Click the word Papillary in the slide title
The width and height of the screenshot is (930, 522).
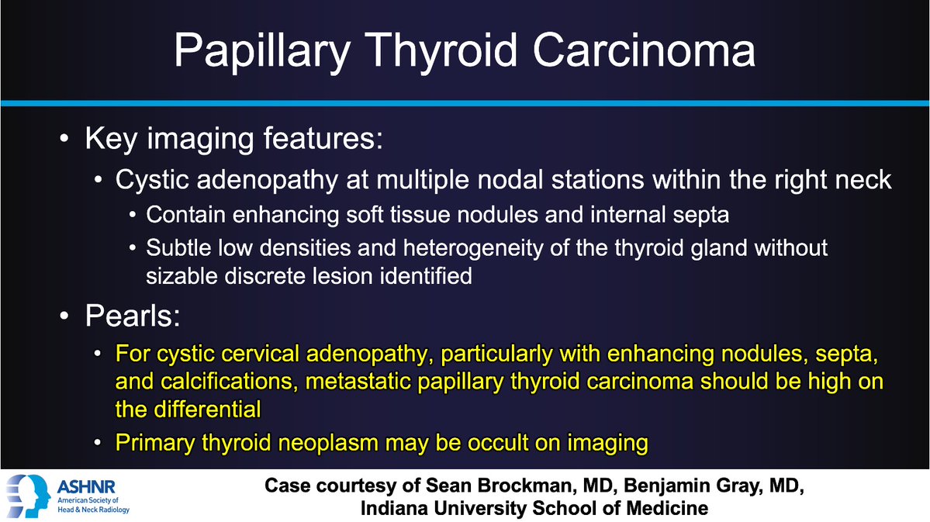[x=262, y=52]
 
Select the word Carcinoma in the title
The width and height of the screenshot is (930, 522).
[x=644, y=50]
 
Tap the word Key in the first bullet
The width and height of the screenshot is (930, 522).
[x=111, y=139]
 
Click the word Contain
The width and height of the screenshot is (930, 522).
[x=185, y=215]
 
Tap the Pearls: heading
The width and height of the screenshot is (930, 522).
[x=133, y=316]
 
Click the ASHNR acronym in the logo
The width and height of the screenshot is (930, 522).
[x=86, y=488]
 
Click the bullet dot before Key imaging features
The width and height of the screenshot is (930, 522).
[x=64, y=140]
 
